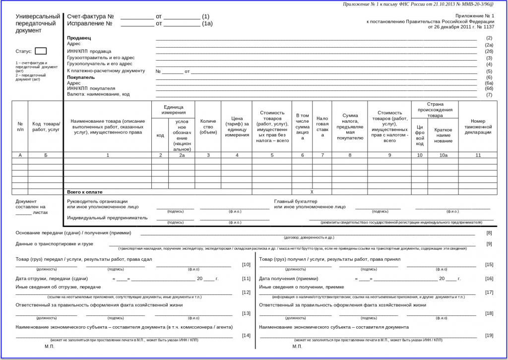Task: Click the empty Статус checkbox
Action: [41, 51]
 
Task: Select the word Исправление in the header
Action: [86, 23]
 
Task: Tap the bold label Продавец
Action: [79, 38]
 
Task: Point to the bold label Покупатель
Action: [81, 77]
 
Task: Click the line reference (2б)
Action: [489, 51]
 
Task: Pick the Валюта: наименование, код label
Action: [98, 94]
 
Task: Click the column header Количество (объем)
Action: [208, 127]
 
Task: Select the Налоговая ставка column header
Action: [322, 127]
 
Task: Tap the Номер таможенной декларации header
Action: [478, 127]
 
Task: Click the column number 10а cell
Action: [444, 155]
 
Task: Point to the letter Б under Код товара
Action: [46, 155]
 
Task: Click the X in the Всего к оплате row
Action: [312, 192]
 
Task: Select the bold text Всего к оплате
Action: [85, 192]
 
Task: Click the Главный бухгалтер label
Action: [296, 201]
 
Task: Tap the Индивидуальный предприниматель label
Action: [107, 217]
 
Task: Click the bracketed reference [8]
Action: [489, 233]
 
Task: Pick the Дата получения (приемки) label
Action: [288, 279]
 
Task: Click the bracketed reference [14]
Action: [246, 336]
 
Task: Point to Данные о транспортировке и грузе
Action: [55, 244]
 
